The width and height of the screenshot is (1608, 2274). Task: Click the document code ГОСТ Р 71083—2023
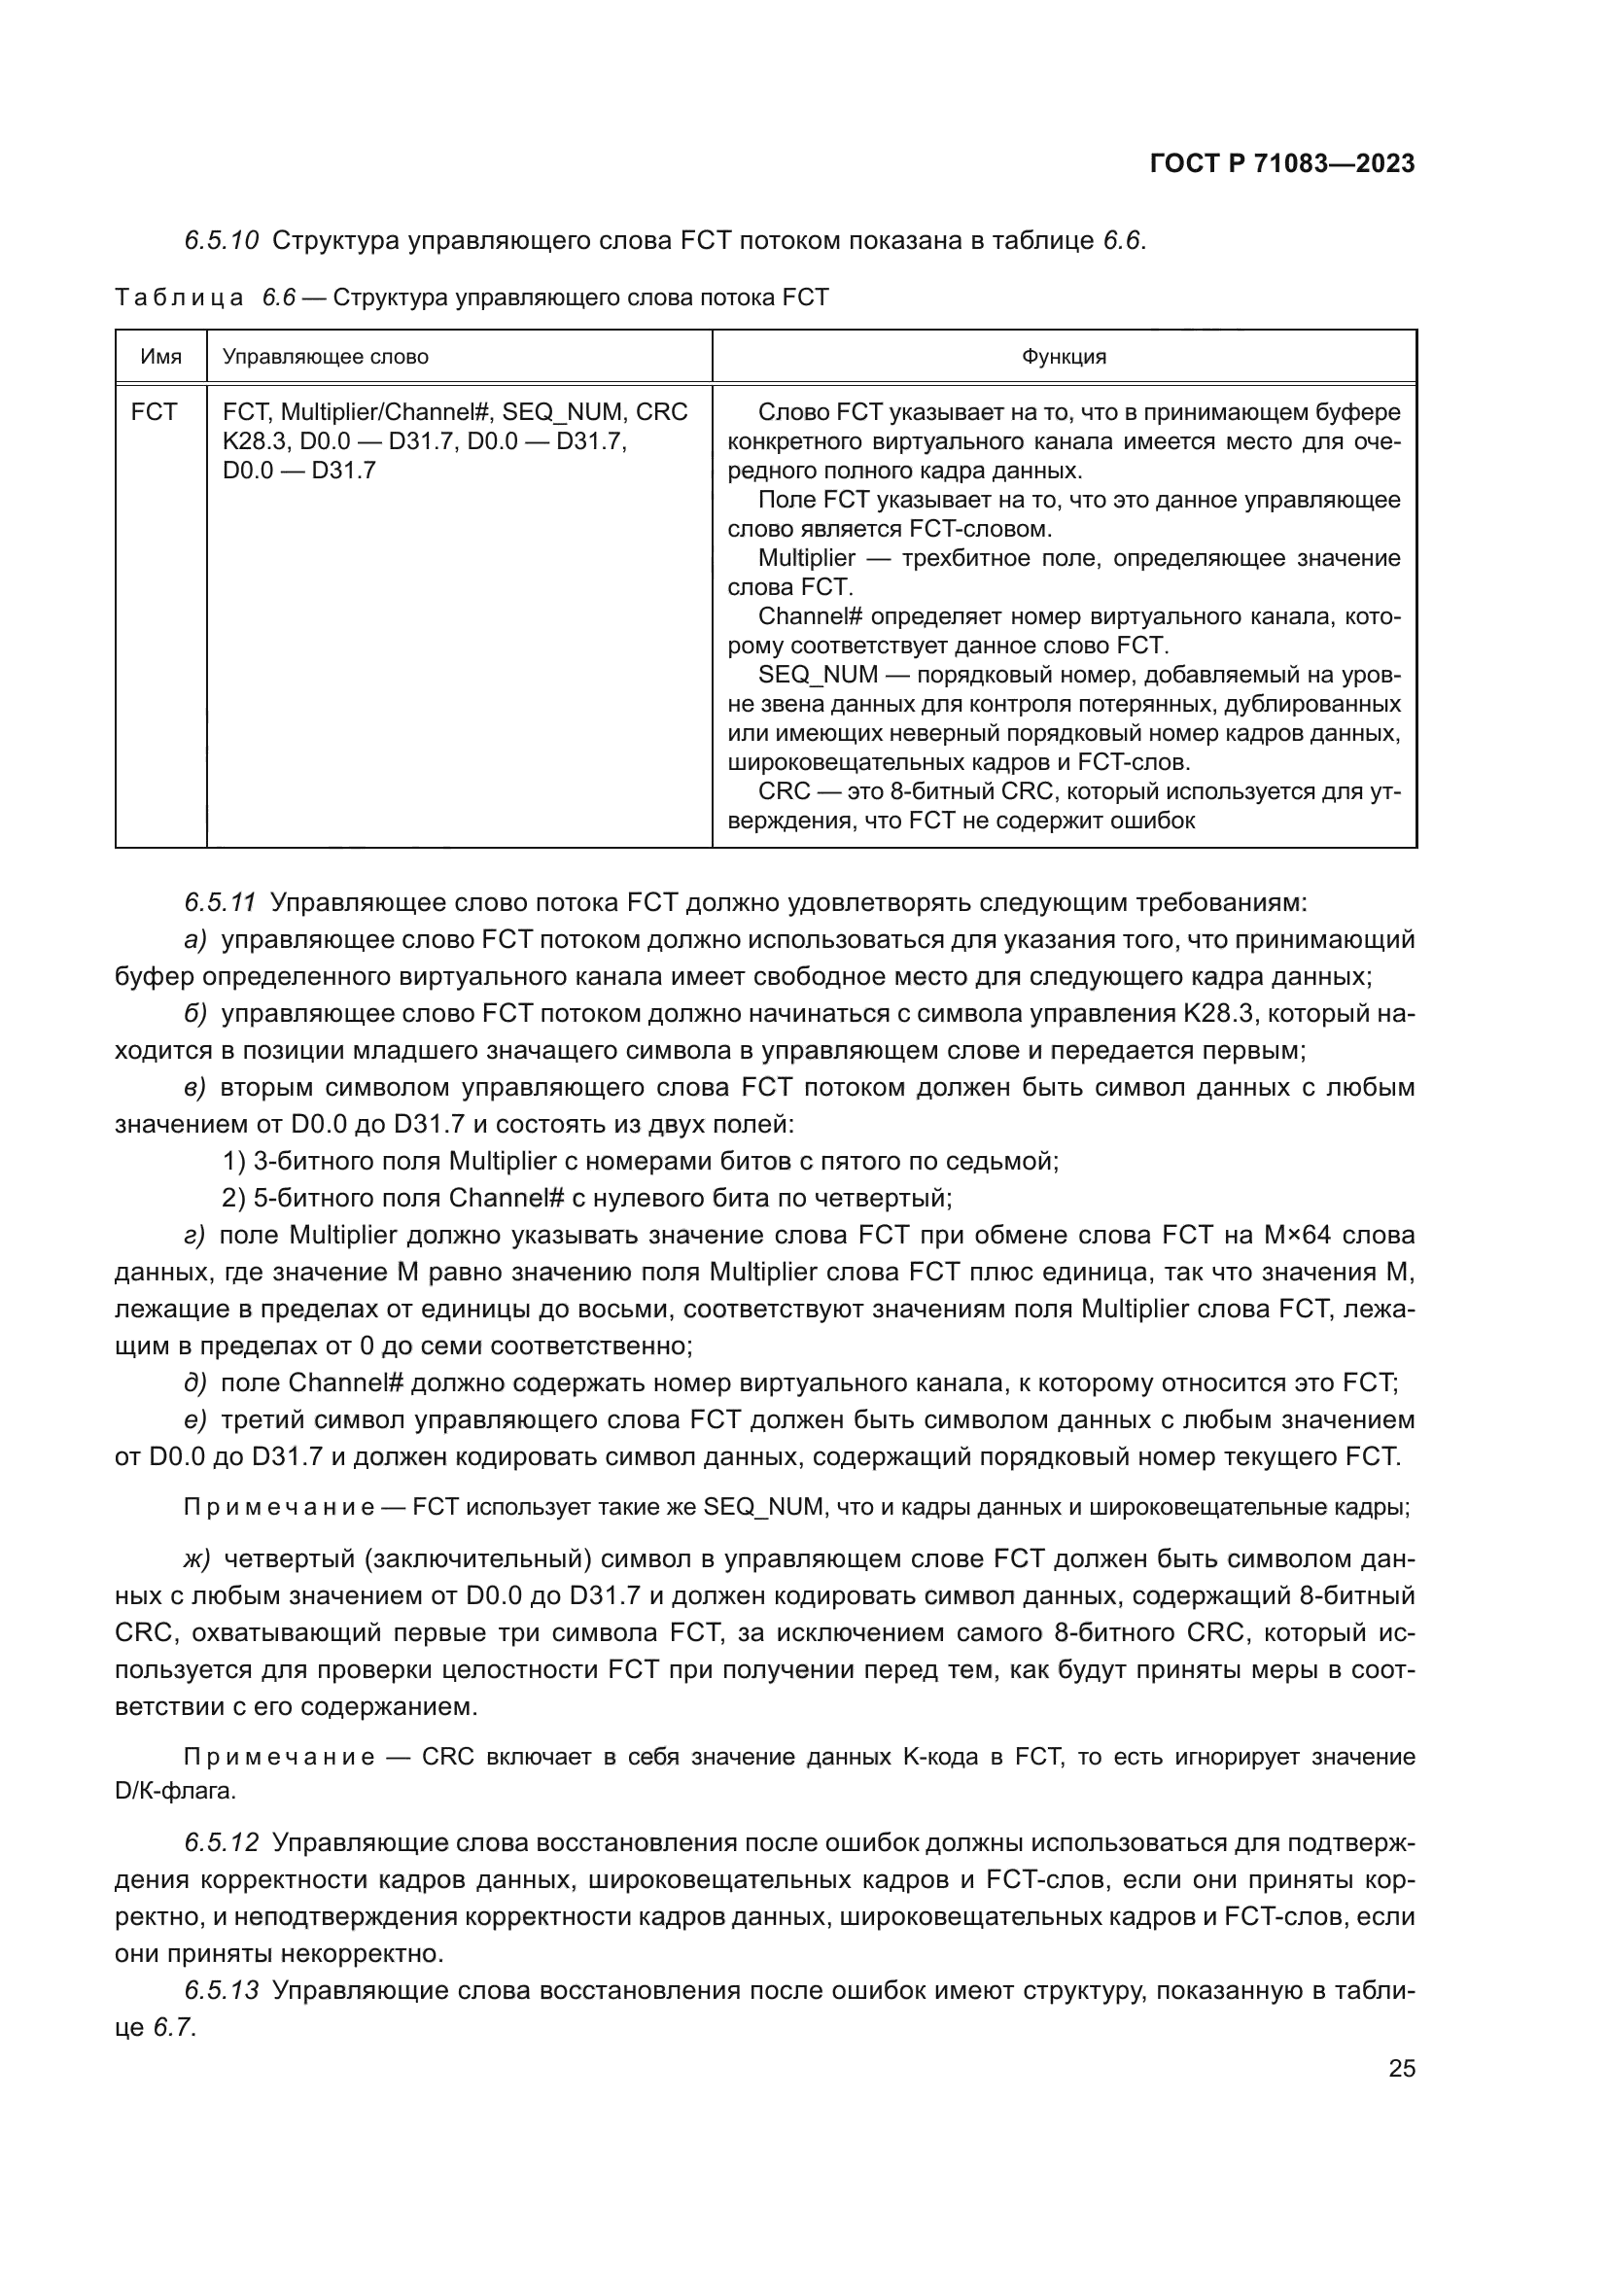coord(1282,164)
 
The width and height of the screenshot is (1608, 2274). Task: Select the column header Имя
coord(160,357)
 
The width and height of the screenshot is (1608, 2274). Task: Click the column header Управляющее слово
coord(325,357)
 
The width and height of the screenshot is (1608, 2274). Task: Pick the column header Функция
coord(1064,357)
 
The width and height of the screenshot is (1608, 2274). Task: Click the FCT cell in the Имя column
coord(154,412)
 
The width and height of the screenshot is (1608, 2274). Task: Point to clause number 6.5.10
coord(221,241)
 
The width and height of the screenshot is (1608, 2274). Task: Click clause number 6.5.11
coord(220,902)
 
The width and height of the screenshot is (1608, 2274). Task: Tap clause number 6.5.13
coord(221,1991)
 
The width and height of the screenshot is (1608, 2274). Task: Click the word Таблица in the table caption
coord(179,298)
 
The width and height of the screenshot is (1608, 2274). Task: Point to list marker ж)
coord(197,1558)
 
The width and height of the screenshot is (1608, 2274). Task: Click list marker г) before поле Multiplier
coord(194,1235)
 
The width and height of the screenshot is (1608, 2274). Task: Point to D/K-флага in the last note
coord(175,1791)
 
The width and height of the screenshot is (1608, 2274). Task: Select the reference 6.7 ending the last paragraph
coord(173,2027)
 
